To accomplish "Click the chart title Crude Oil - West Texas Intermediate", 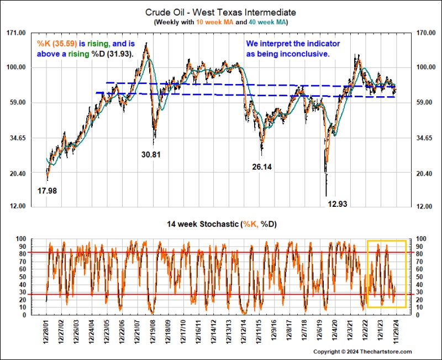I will point(220,12).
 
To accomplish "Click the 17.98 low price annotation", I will point(48,191).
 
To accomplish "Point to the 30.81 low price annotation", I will point(151,155).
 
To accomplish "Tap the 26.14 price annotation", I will point(262,166).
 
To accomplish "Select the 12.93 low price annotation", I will point(338,204).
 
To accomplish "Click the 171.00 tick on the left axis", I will point(16,33).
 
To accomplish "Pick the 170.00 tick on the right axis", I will point(426,33).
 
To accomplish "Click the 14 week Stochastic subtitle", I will point(220,225).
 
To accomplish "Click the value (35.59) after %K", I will point(66,44).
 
